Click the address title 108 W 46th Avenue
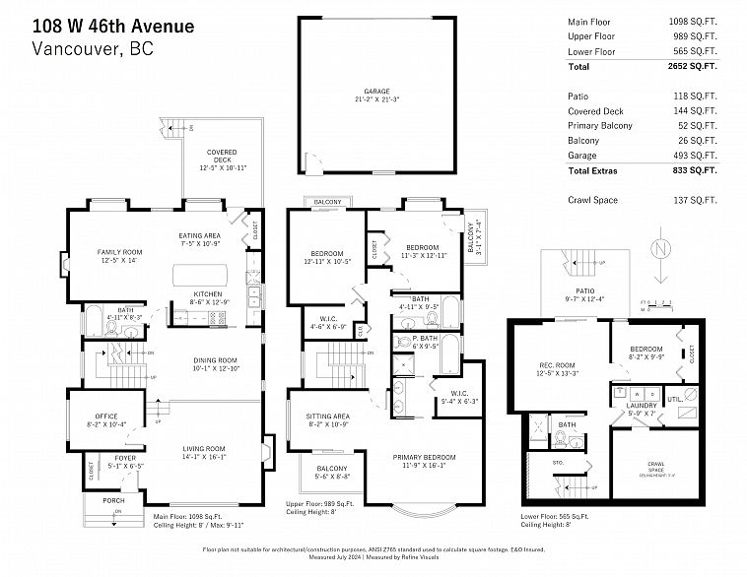[113, 25]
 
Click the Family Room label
[119, 255]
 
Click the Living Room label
[202, 450]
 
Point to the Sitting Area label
[328, 418]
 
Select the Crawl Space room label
[654, 465]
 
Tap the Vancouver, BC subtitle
[94, 48]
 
